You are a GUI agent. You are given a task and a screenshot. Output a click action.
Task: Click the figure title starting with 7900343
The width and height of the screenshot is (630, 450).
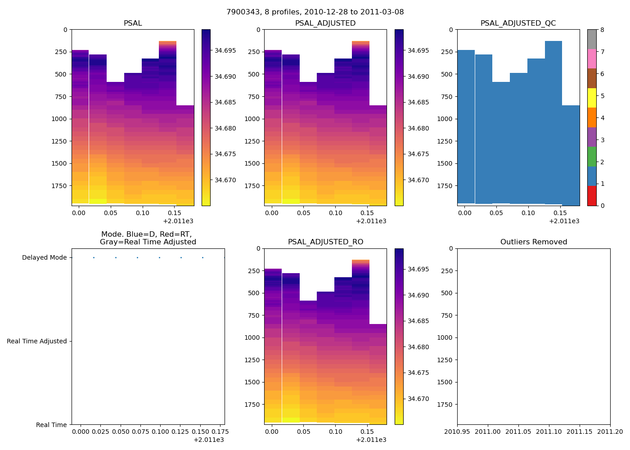[x=315, y=12]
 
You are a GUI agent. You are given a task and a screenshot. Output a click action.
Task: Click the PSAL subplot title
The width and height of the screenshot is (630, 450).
[x=133, y=23]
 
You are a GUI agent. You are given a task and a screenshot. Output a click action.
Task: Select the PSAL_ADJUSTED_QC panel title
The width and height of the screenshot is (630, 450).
[x=518, y=23]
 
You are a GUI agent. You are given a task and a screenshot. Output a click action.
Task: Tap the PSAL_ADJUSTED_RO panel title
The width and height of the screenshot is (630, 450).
[x=325, y=242]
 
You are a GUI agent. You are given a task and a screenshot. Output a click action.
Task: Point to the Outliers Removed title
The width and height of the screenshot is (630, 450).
[x=534, y=242]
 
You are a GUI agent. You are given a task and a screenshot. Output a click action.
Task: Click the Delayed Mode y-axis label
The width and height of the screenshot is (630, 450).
[x=44, y=258]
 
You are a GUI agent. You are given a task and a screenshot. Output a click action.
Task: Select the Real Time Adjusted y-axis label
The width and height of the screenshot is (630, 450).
[x=37, y=341]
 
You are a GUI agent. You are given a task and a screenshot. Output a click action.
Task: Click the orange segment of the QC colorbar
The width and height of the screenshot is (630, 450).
[x=592, y=117]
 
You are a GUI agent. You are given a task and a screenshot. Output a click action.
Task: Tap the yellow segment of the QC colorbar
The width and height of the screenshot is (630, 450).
[x=592, y=98]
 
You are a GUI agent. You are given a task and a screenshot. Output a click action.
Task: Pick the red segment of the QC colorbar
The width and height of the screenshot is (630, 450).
[x=592, y=196]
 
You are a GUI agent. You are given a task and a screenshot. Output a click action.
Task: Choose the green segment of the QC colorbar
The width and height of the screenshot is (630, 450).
[x=592, y=157]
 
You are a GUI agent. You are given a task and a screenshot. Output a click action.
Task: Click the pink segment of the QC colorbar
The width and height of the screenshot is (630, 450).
[x=592, y=58]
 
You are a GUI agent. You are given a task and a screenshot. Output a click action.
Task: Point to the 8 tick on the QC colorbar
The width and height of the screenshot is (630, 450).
[x=602, y=30]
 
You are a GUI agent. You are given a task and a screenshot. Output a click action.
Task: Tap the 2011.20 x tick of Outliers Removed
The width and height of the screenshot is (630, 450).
[x=610, y=432]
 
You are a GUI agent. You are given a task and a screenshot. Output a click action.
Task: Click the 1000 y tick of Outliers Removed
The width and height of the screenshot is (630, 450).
[x=445, y=337]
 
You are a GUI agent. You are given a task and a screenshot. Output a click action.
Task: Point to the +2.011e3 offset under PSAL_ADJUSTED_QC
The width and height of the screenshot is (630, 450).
[x=564, y=221]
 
